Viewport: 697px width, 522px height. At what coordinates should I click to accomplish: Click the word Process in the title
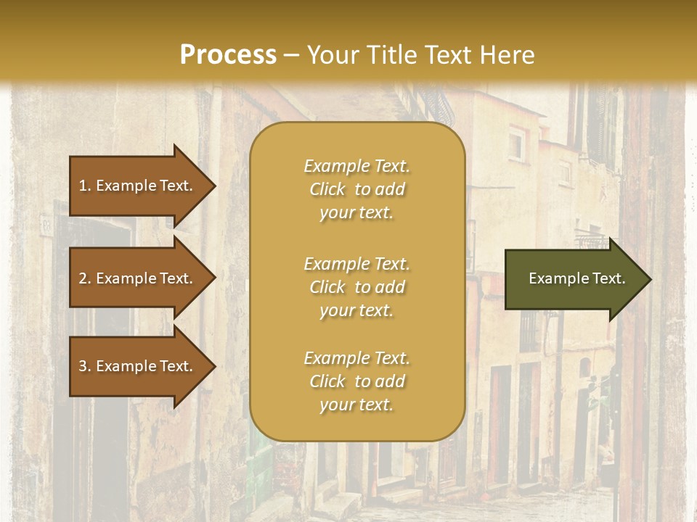pyautogui.click(x=228, y=55)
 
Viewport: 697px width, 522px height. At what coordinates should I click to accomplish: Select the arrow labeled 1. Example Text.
pyautogui.click(x=138, y=186)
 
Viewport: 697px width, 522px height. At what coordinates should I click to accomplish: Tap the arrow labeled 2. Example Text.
pyautogui.click(x=138, y=278)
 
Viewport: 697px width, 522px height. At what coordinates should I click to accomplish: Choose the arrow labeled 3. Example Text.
pyautogui.click(x=138, y=366)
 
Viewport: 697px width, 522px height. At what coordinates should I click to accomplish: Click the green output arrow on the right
pyautogui.click(x=574, y=279)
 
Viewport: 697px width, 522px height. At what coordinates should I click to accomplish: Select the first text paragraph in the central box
pyautogui.click(x=356, y=189)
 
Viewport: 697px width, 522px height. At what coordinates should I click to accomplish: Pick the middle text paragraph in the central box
pyautogui.click(x=356, y=287)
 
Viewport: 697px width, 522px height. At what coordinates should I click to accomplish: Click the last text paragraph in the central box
pyautogui.click(x=356, y=381)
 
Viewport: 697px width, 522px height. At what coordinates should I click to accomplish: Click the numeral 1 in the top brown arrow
pyautogui.click(x=83, y=186)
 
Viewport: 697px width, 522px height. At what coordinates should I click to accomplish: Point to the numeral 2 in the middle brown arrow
pyautogui.click(x=83, y=278)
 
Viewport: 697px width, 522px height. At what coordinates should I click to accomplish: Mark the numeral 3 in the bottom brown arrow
pyautogui.click(x=83, y=366)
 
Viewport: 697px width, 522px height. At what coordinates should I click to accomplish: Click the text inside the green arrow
pyautogui.click(x=576, y=278)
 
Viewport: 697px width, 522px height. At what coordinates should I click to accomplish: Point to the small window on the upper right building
pyautogui.click(x=516, y=144)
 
